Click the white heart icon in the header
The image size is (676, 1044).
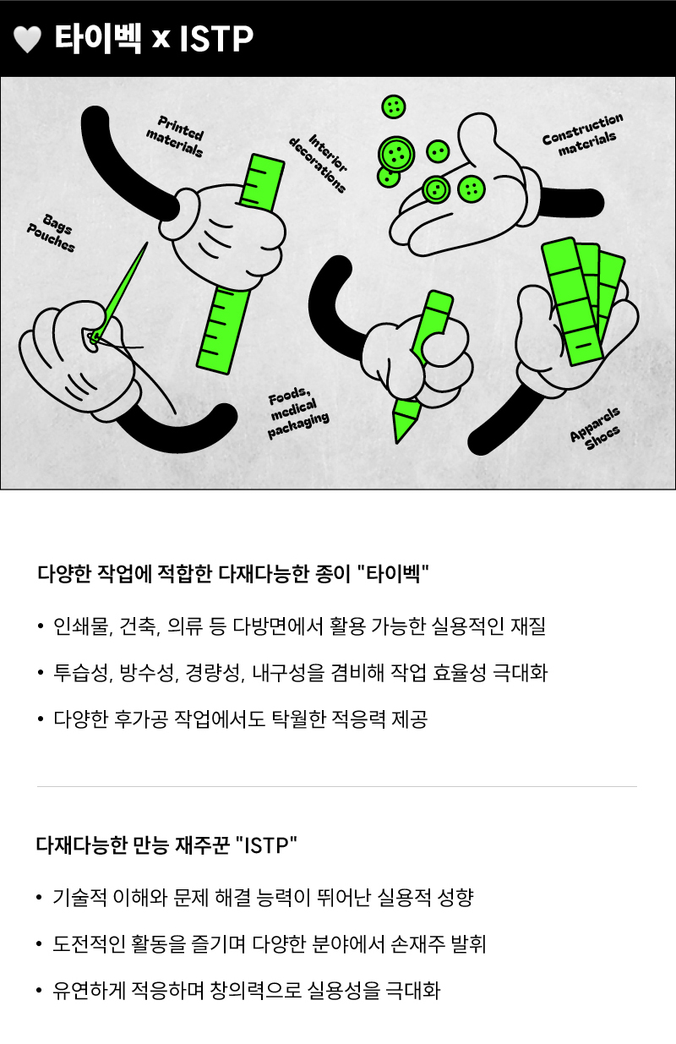point(28,39)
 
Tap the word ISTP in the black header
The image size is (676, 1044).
point(216,39)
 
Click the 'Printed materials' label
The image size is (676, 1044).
point(176,136)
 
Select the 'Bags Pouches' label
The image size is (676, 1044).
point(51,232)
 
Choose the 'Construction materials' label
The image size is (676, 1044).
point(583,134)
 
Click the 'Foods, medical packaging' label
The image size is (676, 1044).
point(298,413)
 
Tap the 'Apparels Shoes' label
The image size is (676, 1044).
point(596,429)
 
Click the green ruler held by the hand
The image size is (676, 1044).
point(240,264)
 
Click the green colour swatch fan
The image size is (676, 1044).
point(582,300)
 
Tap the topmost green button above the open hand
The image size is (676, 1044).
point(394,107)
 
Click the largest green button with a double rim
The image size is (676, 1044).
point(396,154)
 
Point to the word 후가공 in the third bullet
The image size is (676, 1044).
point(141,719)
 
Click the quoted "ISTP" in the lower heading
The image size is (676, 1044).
point(266,844)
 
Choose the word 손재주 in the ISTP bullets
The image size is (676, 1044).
point(417,944)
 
